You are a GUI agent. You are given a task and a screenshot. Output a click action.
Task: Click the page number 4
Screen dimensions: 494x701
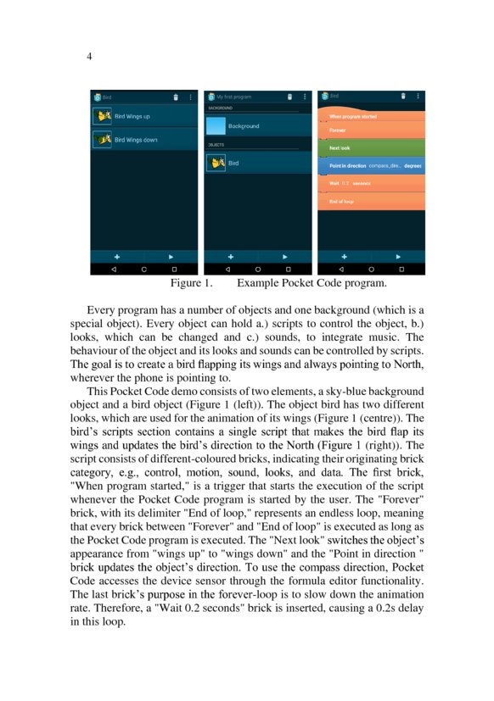[x=89, y=56]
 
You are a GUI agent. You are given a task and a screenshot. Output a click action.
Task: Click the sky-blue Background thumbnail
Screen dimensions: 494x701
[x=216, y=126]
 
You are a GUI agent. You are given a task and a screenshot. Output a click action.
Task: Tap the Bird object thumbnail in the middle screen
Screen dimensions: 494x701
[x=216, y=162]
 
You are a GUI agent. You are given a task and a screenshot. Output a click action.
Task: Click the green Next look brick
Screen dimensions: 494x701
[x=371, y=148]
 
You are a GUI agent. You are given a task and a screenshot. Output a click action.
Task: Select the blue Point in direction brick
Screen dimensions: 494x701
[x=371, y=165]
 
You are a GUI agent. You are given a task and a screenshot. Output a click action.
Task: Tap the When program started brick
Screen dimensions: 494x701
[x=371, y=115]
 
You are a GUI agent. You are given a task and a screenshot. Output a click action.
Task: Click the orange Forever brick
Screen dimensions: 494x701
[x=371, y=131]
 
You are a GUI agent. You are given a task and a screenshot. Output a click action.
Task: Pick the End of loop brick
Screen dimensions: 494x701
[x=371, y=202]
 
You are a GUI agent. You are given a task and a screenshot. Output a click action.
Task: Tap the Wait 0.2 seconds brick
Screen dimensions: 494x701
[x=371, y=183]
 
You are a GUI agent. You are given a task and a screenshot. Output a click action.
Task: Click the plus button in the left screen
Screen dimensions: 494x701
[x=117, y=255]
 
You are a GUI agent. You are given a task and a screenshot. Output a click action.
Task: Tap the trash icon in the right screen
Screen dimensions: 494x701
[x=404, y=97]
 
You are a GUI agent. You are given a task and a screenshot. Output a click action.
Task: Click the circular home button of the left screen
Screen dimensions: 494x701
[x=144, y=269]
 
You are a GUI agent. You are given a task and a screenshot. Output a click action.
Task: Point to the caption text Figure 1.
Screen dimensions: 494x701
[x=191, y=282]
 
